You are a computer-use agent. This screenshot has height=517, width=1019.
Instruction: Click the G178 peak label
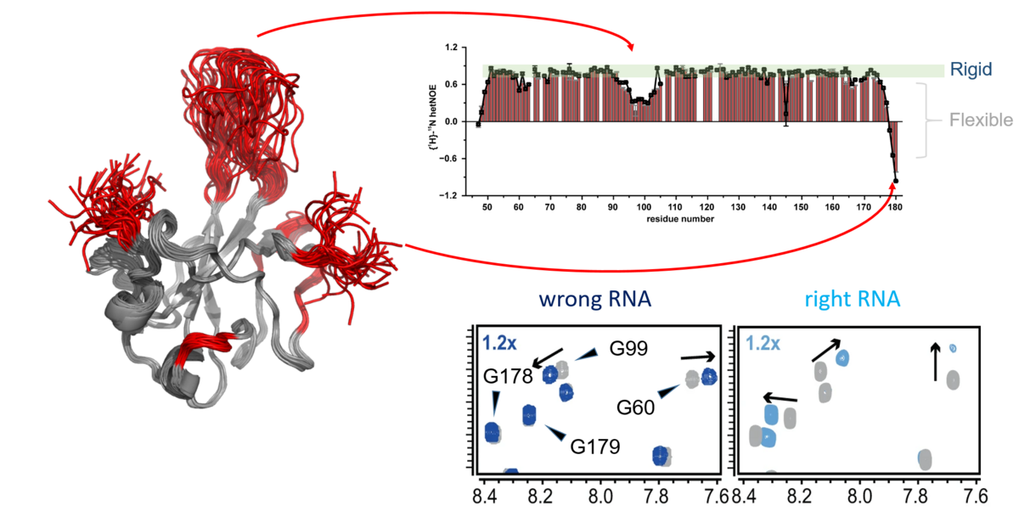(508, 376)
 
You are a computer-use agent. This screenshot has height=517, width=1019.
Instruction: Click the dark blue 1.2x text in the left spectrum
(496, 344)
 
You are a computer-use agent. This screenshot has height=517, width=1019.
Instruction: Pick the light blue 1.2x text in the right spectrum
(762, 344)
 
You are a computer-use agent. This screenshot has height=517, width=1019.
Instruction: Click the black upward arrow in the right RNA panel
(936, 362)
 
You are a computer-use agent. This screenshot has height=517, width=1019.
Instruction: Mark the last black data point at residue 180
(896, 180)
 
